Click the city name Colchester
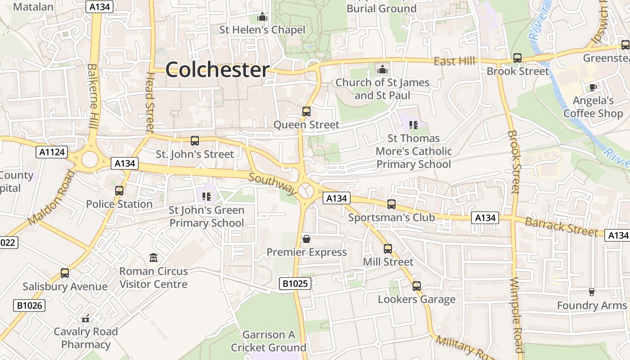(217, 70)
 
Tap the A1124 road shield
(52, 152)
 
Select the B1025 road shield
(295, 283)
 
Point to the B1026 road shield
(30, 306)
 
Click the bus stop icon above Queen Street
(306, 111)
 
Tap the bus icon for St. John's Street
(195, 141)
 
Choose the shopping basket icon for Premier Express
(306, 238)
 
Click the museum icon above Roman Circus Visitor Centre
(153, 258)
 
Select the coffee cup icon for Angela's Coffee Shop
(593, 87)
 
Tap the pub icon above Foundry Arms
(592, 292)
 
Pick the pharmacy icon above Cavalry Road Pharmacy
(85, 319)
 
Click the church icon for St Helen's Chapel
(262, 17)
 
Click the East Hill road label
(454, 61)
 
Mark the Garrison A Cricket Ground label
(269, 341)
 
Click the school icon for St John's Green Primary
(207, 196)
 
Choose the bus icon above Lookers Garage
(417, 286)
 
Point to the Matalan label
(33, 7)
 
